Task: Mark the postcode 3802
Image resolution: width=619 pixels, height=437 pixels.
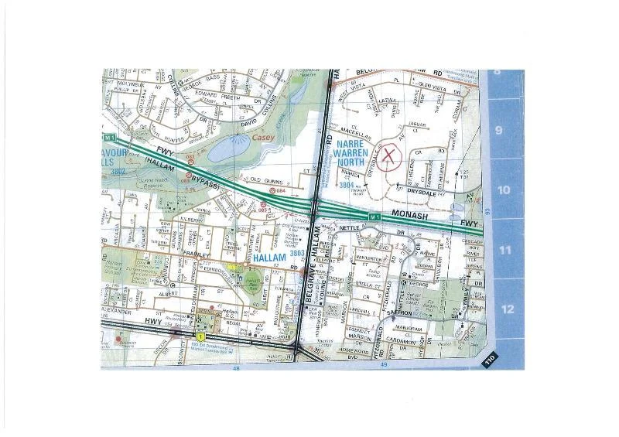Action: coord(118,171)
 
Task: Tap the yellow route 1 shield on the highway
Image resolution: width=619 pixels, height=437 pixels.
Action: coord(200,337)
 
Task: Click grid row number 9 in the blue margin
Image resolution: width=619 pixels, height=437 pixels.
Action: coord(499,130)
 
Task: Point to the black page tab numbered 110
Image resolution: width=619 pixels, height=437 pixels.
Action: coord(489,360)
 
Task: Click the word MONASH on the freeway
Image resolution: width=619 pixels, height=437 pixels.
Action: coord(411,218)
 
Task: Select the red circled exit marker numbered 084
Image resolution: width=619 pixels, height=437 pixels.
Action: coord(272,190)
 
